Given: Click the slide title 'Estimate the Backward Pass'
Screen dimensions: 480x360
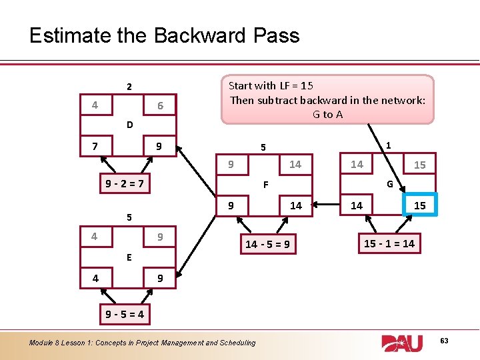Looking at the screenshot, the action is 164,35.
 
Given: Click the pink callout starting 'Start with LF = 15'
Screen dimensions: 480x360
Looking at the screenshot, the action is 327,99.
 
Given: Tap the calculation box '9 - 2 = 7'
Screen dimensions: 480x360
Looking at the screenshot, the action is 124,183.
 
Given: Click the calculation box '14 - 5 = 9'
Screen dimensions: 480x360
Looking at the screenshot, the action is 267,244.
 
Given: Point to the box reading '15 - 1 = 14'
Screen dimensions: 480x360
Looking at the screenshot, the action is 389,243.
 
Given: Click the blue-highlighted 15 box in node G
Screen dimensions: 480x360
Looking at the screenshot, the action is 419,205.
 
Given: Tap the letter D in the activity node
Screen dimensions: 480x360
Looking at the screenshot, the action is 130,125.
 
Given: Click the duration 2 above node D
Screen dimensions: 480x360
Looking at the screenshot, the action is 130,87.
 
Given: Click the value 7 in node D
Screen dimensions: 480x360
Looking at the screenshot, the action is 96,145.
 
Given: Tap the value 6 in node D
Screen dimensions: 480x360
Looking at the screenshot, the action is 160,106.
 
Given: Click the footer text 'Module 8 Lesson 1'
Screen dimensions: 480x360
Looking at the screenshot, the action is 142,343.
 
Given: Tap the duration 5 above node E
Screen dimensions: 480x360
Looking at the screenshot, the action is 130,217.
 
